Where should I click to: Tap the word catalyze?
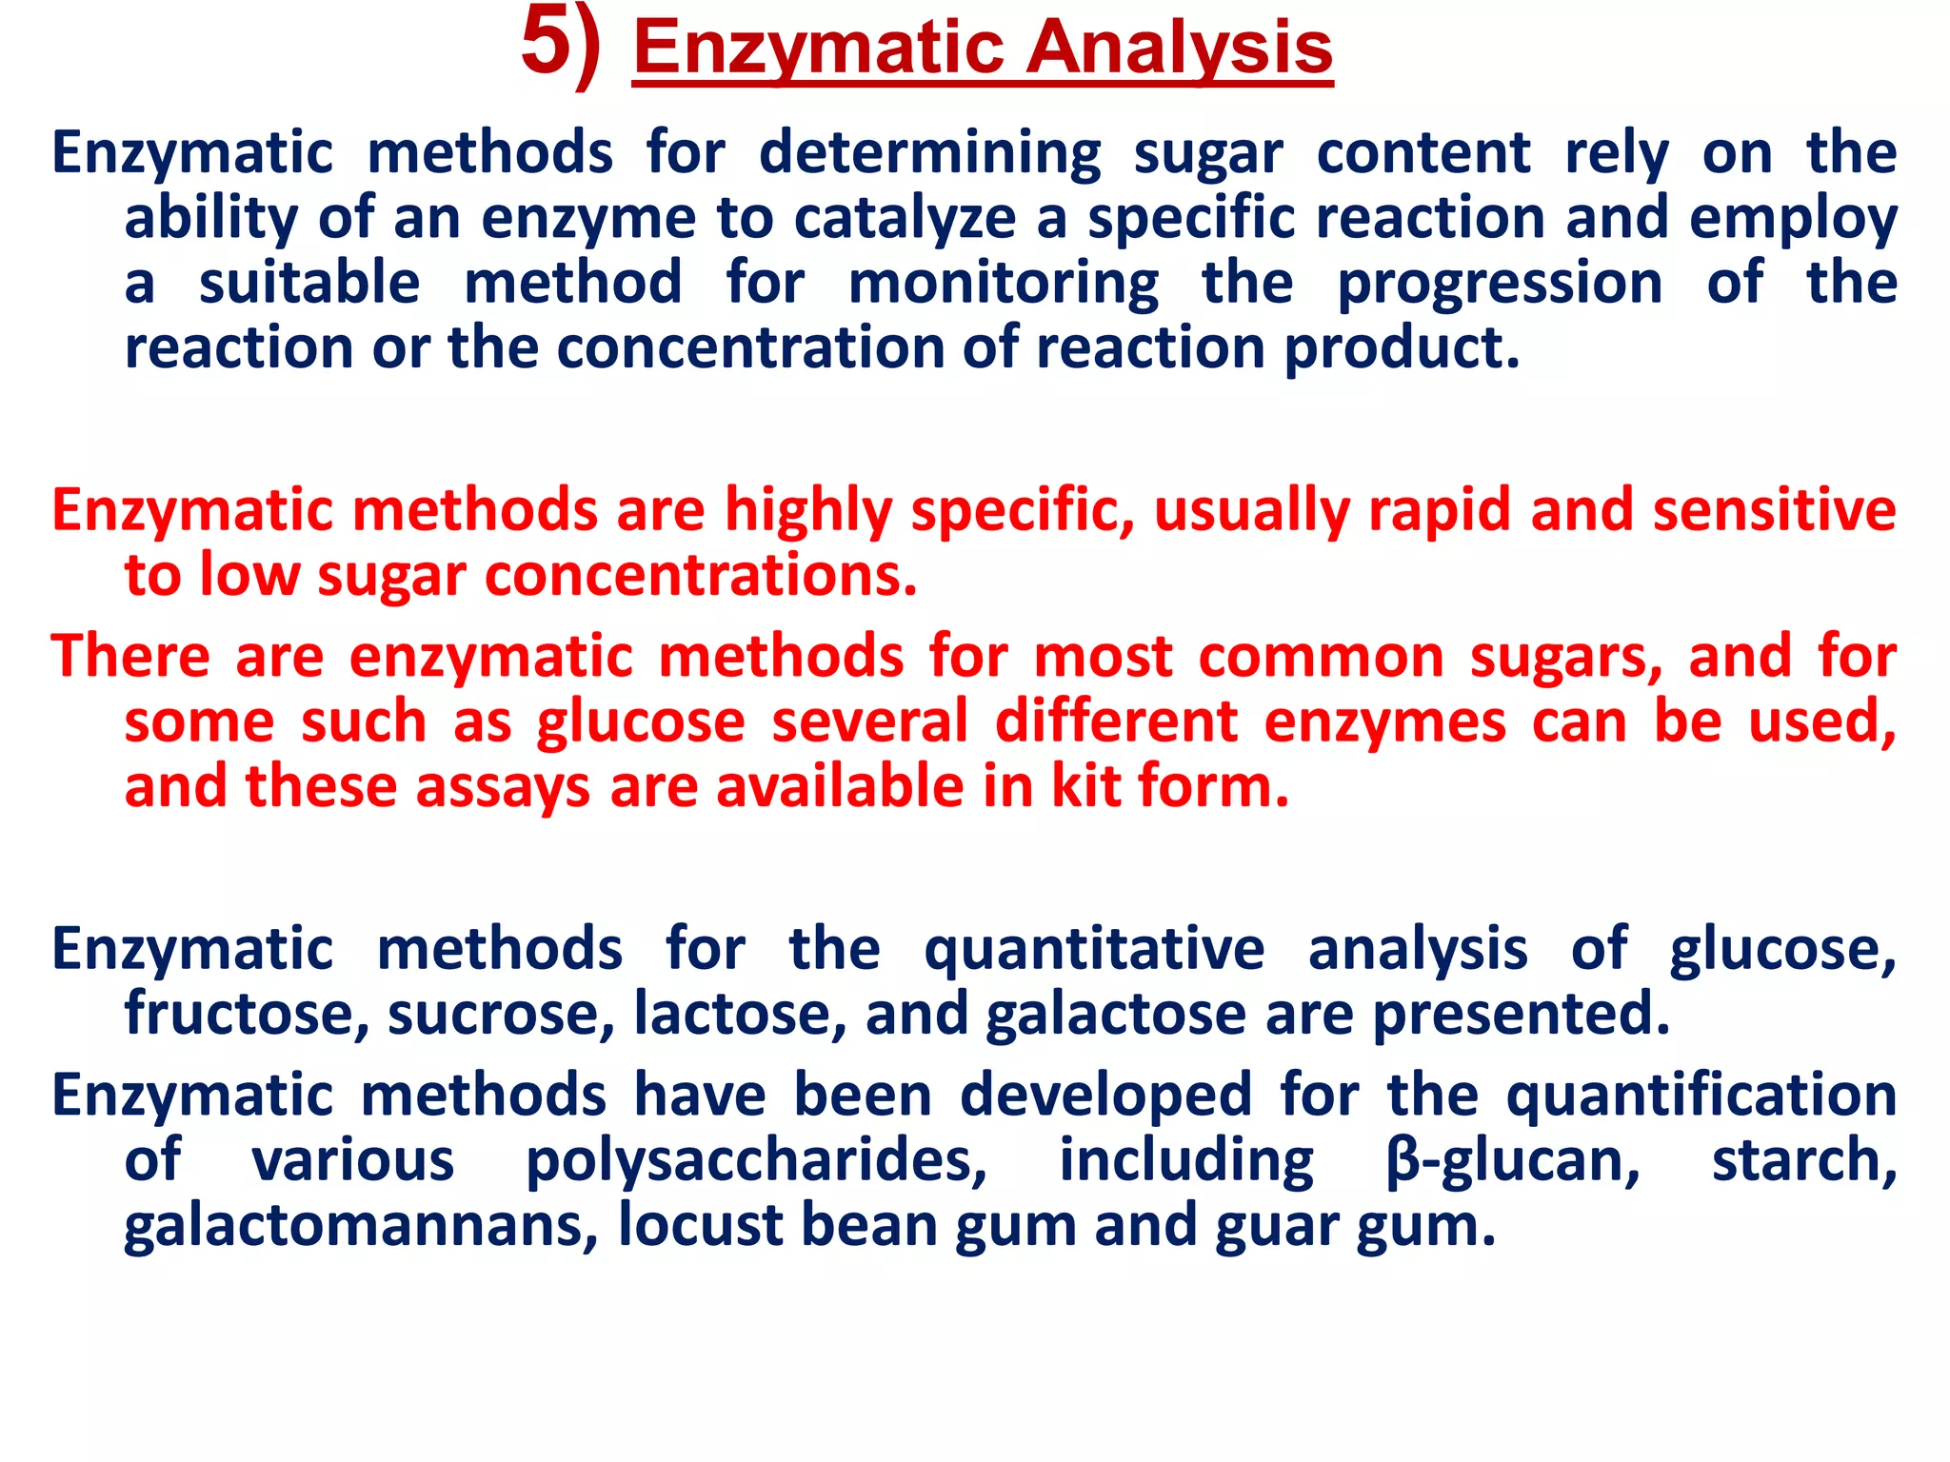click(905, 219)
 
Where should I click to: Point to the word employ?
click(1793, 219)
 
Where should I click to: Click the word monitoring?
click(1004, 284)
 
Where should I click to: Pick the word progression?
click(1500, 284)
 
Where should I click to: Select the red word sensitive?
click(1774, 511)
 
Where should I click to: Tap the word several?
click(869, 721)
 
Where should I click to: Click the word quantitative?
click(1094, 950)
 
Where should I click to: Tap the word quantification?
click(1701, 1096)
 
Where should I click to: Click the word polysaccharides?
click(757, 1161)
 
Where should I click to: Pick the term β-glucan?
click(1513, 1161)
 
